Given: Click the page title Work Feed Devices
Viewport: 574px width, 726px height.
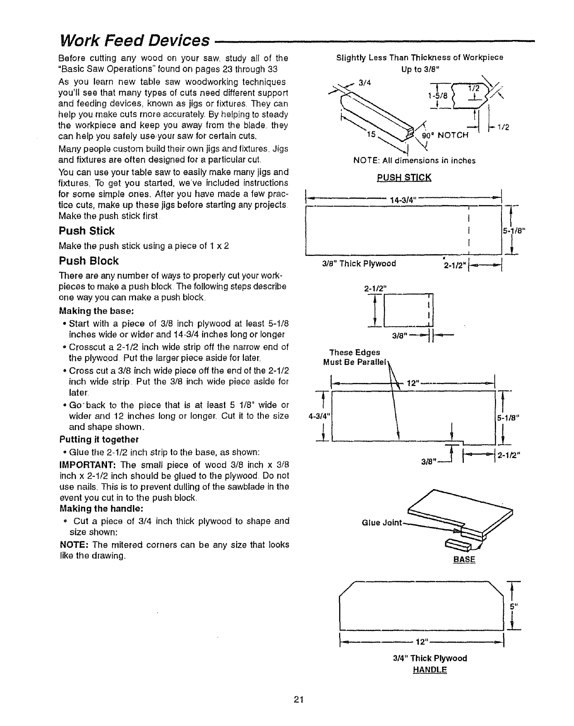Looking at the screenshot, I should [134, 40].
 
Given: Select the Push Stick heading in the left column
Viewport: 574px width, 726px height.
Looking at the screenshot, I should [87, 231].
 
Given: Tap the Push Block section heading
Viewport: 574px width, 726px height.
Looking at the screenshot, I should [89, 261].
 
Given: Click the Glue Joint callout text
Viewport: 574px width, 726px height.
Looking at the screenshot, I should [382, 523].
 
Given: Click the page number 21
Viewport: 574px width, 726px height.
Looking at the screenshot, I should [297, 699].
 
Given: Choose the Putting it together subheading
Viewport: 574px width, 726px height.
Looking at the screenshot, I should [99, 439].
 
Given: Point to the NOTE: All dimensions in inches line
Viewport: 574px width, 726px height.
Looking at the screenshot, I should [414, 160].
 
